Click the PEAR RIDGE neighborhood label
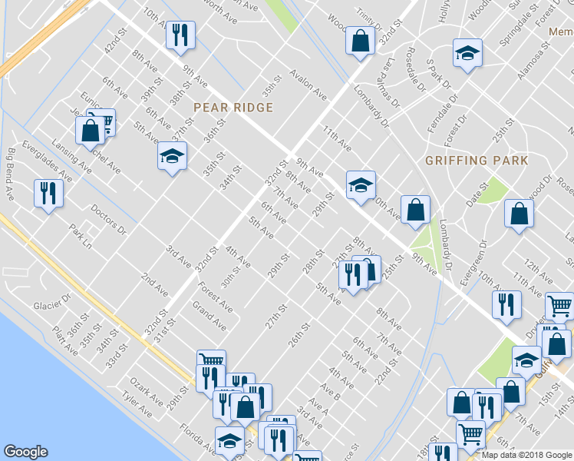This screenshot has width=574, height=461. point(233,107)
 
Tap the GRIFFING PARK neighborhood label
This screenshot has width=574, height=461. point(477,161)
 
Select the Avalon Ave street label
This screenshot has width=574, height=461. point(308,85)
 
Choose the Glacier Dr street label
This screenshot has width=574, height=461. point(52,304)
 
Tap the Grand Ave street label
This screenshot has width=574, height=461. point(209,316)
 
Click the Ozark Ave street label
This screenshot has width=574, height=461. point(146,390)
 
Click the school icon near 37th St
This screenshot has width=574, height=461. point(172,156)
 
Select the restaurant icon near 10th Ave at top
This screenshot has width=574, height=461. point(181,35)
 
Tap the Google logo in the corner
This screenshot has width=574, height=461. point(25,453)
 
